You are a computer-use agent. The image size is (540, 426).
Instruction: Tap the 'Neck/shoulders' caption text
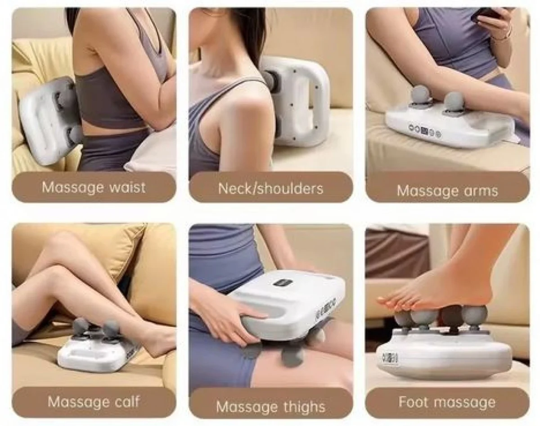(x=271, y=189)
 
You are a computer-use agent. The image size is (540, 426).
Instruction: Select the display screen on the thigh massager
(x=283, y=284)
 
